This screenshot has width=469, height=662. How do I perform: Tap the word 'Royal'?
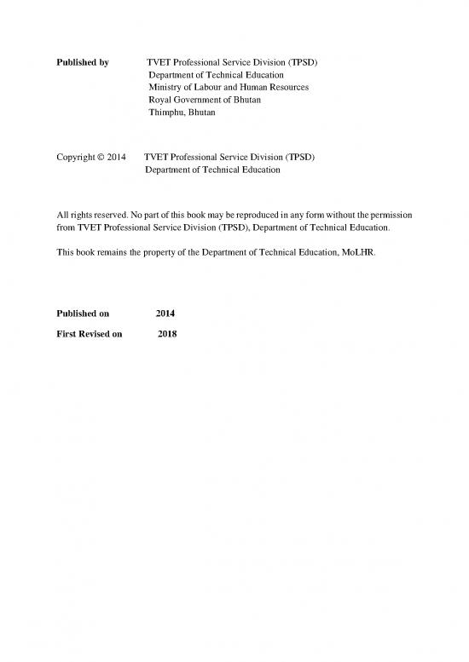click(160, 100)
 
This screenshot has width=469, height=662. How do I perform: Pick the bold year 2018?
click(167, 334)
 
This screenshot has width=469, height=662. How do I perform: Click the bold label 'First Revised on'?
click(89, 334)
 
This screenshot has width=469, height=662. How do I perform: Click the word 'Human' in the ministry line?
click(256, 87)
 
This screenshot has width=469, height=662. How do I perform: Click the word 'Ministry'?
click(166, 87)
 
